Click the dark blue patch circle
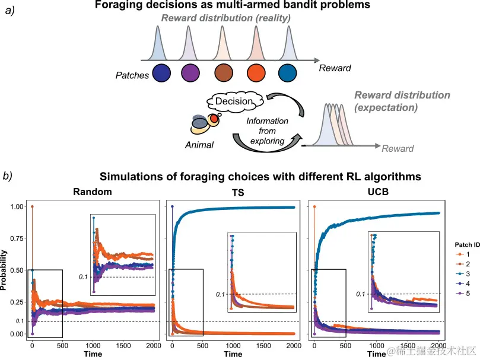[x=161, y=74]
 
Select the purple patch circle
[x=193, y=74]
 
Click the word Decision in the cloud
[x=234, y=101]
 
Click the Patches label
[x=132, y=75]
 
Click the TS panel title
[x=233, y=192]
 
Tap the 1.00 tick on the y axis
[x=17, y=206]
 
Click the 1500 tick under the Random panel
[x=123, y=345]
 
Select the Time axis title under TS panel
[x=233, y=354]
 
